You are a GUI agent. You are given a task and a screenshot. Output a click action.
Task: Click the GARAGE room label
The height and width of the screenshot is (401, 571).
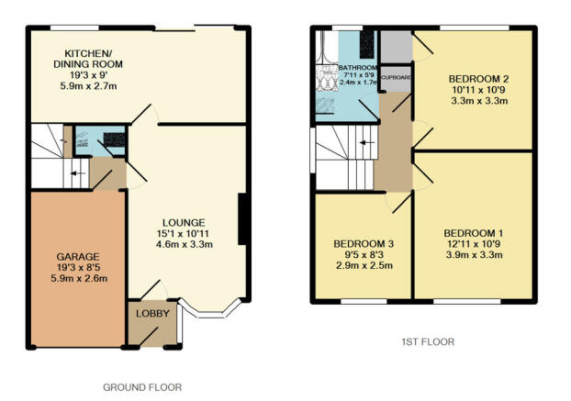[x=78, y=257]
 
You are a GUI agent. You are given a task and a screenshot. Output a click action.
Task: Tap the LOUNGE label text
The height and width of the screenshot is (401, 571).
[x=184, y=223]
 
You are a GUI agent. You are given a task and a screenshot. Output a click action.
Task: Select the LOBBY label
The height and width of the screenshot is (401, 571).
[x=152, y=313]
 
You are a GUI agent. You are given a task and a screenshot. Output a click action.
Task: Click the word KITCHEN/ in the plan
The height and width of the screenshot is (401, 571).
[x=88, y=53]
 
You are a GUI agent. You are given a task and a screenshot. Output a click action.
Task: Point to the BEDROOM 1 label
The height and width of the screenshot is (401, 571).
[x=474, y=233]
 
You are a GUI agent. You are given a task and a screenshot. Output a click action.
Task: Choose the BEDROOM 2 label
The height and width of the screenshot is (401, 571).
[x=479, y=79]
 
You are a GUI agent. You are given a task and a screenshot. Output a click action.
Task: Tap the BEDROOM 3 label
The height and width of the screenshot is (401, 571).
[x=364, y=243]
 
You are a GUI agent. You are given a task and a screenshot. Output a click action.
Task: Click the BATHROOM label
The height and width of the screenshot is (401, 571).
[x=358, y=68]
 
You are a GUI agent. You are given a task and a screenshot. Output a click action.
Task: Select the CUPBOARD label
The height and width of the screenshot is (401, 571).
[x=397, y=77]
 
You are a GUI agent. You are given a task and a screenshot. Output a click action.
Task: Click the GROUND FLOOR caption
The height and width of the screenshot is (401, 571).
[x=142, y=387]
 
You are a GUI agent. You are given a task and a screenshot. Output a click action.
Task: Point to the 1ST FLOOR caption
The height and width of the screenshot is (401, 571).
[x=428, y=341]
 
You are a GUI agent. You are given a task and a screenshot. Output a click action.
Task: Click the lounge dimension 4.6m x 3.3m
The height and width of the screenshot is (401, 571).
[x=185, y=244]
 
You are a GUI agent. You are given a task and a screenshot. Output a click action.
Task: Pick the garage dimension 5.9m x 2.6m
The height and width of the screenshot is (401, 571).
[x=79, y=278]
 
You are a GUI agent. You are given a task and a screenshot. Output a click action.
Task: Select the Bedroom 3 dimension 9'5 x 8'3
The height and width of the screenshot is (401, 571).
[x=364, y=254]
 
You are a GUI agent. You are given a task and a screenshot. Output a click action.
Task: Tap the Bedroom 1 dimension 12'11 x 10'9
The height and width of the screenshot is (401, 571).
[x=474, y=244]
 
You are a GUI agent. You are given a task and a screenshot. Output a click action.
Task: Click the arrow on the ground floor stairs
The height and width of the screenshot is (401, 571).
[x=77, y=173]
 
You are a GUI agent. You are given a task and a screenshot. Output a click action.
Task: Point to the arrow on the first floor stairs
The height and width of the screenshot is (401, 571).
[x=366, y=142]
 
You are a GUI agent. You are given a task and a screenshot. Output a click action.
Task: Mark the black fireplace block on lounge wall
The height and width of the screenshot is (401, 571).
[x=243, y=219]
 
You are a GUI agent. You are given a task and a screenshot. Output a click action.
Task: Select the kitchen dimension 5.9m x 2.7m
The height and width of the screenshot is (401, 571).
[x=88, y=86]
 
